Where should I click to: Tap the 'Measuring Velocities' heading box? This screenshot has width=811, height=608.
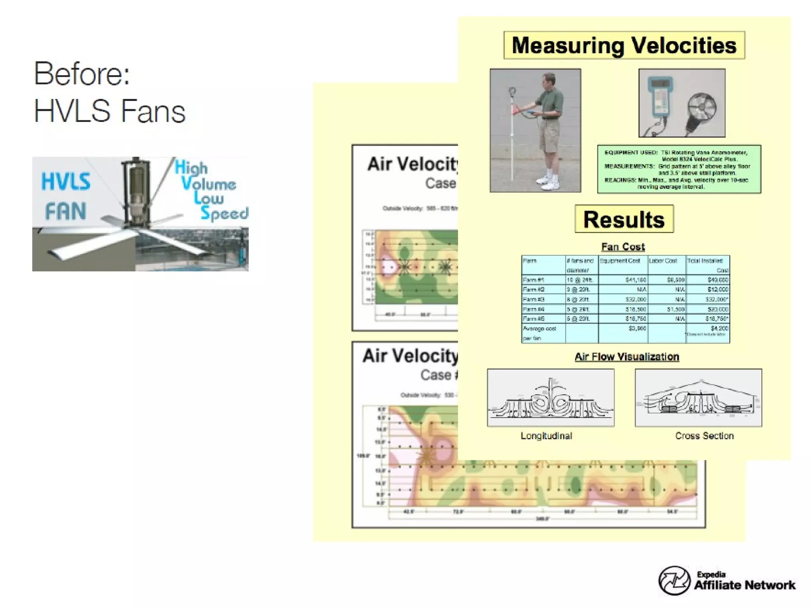[624, 46]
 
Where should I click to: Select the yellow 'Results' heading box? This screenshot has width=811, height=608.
[624, 219]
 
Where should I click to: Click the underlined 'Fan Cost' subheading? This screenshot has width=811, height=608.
[623, 247]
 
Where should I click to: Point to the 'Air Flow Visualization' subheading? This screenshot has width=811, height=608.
[627, 357]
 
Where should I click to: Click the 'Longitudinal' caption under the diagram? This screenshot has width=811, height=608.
[546, 436]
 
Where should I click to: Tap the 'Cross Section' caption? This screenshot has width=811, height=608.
[704, 436]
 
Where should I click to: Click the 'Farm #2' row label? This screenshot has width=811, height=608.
[533, 289]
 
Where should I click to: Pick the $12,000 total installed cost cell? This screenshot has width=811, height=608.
[718, 289]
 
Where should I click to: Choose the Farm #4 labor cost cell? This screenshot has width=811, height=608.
[675, 309]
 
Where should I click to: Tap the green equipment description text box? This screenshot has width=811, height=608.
[679, 169]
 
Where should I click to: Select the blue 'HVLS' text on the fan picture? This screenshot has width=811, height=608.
[66, 182]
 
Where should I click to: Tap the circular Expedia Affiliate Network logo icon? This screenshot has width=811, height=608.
[674, 581]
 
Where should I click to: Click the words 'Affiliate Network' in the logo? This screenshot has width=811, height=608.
[744, 585]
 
